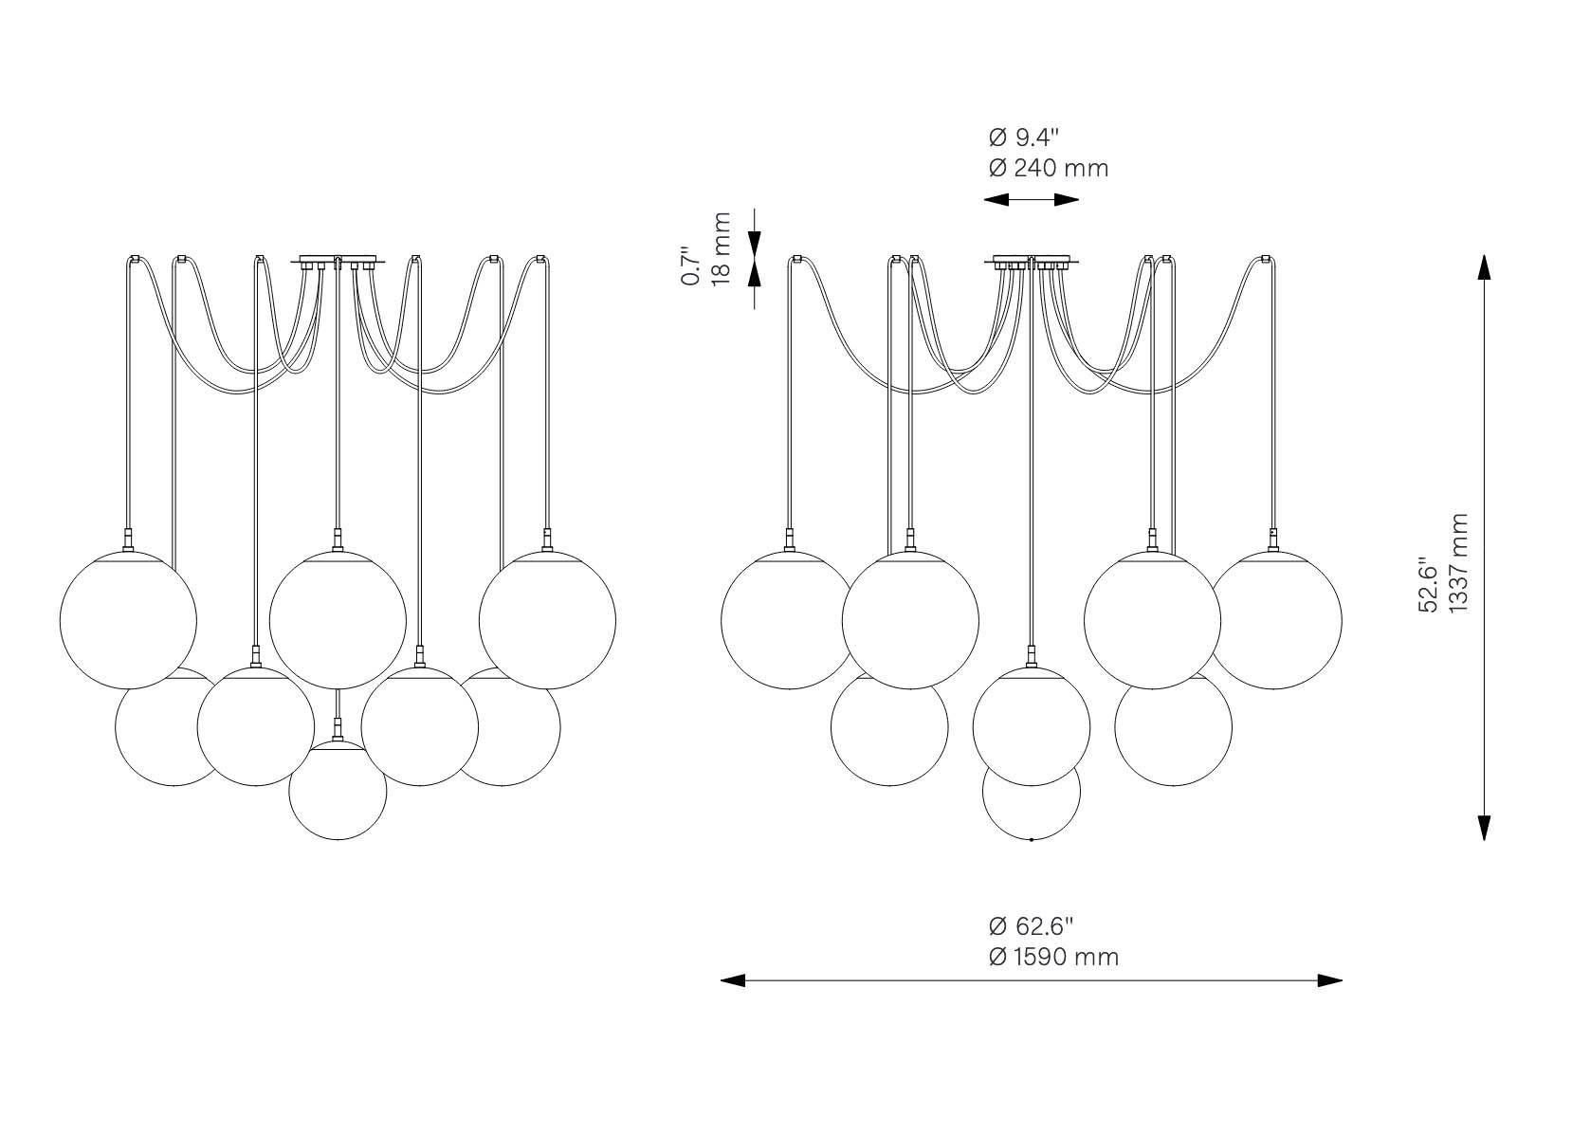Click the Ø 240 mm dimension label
[x=1049, y=169]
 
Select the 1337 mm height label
[x=1457, y=563]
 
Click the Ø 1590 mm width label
[x=1053, y=957]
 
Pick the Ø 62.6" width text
[x=1031, y=926]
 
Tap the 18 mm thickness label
[x=722, y=248]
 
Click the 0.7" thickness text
[x=691, y=265]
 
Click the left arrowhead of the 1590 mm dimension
[x=733, y=980]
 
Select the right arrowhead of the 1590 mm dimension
[x=1330, y=980]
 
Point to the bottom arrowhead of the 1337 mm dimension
[x=1484, y=828]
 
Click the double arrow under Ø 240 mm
[x=1031, y=200]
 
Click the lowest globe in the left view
[x=338, y=791]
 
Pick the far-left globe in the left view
[x=128, y=620]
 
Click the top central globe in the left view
[x=338, y=620]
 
